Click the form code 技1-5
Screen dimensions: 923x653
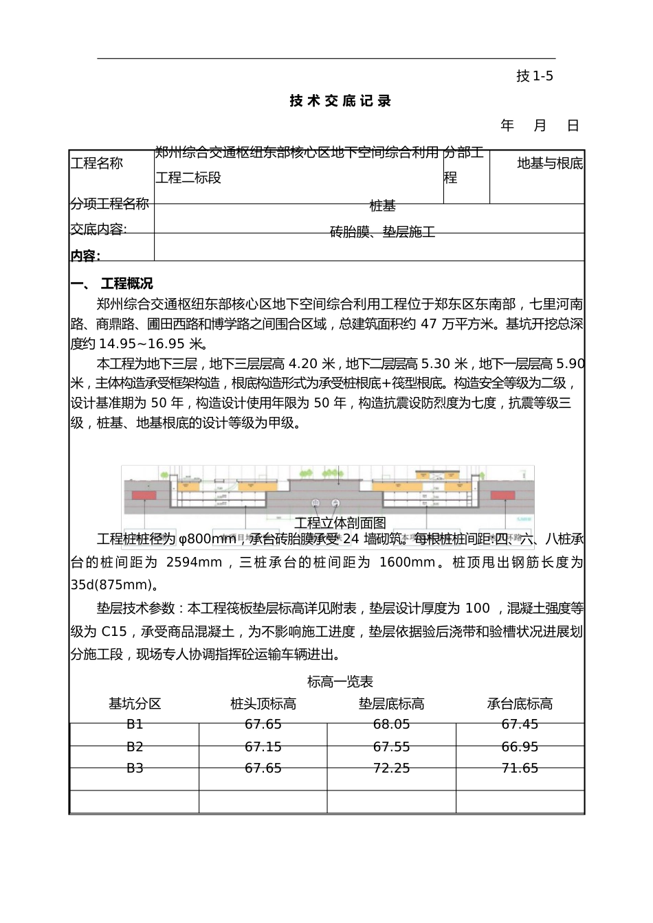pyautogui.click(x=534, y=76)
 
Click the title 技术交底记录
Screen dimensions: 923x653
pyautogui.click(x=340, y=101)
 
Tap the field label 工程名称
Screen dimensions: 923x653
pyautogui.click(x=97, y=163)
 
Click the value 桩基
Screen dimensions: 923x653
pyautogui.click(x=383, y=205)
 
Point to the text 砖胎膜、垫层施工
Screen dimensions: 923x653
pyautogui.click(x=383, y=232)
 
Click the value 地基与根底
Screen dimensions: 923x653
pyautogui.click(x=550, y=163)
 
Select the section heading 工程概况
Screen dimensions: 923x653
pyautogui.click(x=126, y=284)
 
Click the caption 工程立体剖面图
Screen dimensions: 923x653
pyautogui.click(x=340, y=523)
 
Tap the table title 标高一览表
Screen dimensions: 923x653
pyautogui.click(x=340, y=681)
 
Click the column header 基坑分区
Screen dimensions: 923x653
pyautogui.click(x=135, y=703)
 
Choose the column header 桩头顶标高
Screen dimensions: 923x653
pyautogui.click(x=263, y=703)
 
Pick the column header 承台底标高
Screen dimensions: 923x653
pyautogui.click(x=520, y=703)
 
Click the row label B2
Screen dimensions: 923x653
pyautogui.click(x=135, y=747)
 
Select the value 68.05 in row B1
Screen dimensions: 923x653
pyautogui.click(x=391, y=724)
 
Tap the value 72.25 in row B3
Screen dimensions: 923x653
pyautogui.click(x=391, y=768)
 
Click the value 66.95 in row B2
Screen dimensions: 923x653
pyautogui.click(x=520, y=747)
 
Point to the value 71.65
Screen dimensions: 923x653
pyautogui.click(x=520, y=768)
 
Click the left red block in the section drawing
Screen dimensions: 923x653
pyautogui.click(x=144, y=495)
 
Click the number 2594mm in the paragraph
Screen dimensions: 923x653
pyautogui.click(x=195, y=562)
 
